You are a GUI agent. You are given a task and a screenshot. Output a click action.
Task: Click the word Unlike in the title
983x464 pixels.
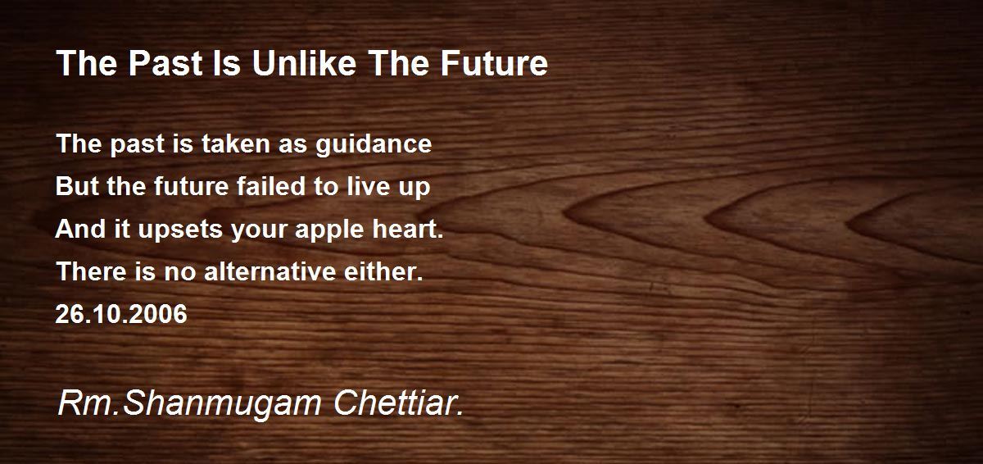304,63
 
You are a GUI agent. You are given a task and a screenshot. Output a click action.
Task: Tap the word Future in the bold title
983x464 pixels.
494,63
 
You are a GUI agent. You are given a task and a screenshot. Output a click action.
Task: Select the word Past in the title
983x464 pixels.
165,63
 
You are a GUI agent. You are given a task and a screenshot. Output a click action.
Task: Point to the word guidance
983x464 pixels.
374,145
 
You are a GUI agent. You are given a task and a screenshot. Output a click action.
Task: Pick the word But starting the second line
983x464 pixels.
79,186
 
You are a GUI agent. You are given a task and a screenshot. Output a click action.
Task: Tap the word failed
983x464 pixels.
271,186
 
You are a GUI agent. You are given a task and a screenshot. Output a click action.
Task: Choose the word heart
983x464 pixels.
408,228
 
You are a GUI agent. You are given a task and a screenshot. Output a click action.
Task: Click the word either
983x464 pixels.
383,271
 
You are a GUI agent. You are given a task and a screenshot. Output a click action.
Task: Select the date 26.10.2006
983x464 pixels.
121,314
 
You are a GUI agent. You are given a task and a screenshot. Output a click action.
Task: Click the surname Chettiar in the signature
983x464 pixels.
398,403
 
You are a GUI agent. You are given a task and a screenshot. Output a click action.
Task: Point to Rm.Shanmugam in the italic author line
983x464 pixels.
189,404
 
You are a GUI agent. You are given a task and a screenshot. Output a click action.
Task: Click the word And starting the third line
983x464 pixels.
80,228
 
